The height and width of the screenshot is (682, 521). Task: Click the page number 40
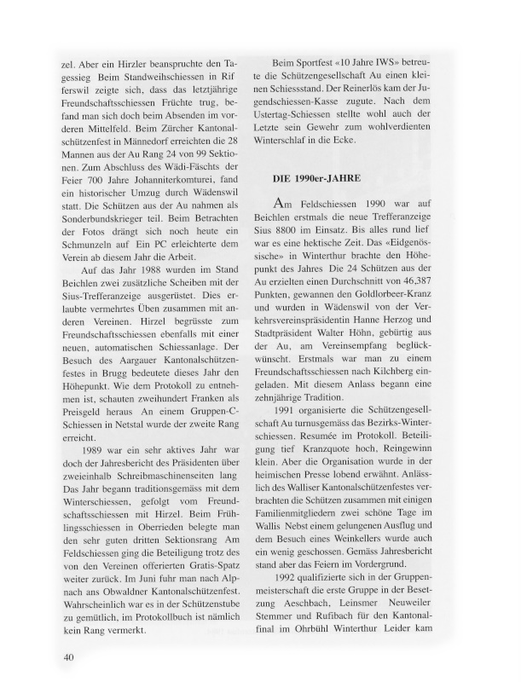pos(71,656)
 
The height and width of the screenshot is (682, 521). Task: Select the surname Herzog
pos(422,328)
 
